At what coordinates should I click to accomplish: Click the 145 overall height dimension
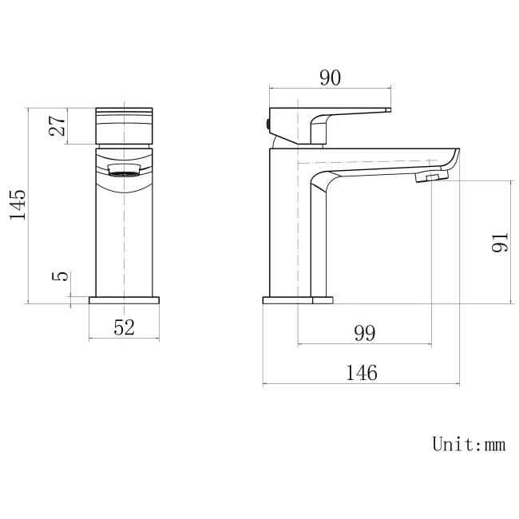18,205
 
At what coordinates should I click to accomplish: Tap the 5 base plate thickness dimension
57,277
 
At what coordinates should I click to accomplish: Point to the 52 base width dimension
124,327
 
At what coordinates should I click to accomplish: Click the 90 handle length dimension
330,77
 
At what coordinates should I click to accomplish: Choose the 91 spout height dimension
500,242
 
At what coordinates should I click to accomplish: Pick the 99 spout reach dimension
364,333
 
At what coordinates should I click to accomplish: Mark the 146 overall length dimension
363,371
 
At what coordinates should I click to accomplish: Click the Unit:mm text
468,444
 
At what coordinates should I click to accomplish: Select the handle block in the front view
124,125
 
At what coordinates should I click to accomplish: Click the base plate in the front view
124,301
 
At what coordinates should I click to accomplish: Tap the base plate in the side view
297,301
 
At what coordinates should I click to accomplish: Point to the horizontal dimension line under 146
363,384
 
